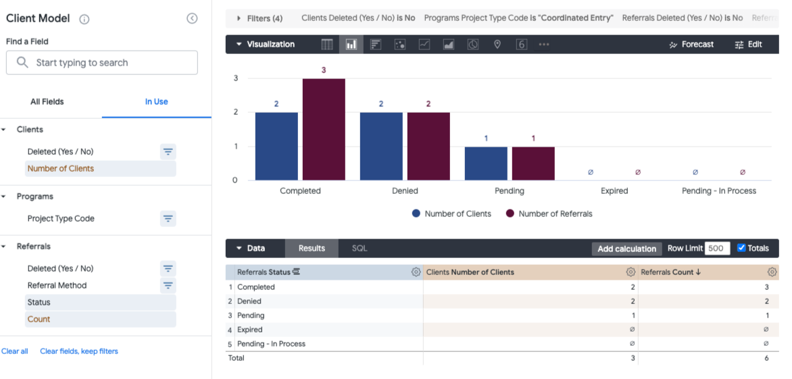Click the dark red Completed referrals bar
point(324,130)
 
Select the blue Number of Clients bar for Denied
point(381,146)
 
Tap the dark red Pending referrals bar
point(533,163)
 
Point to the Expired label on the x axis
point(614,191)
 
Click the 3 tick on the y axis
point(236,78)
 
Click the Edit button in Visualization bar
point(748,45)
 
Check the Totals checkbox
point(741,248)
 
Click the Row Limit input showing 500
point(716,248)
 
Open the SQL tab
point(360,249)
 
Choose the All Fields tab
point(47,102)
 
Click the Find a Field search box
point(102,63)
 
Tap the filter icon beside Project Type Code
point(168,218)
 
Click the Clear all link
point(15,351)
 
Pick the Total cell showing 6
point(766,358)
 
